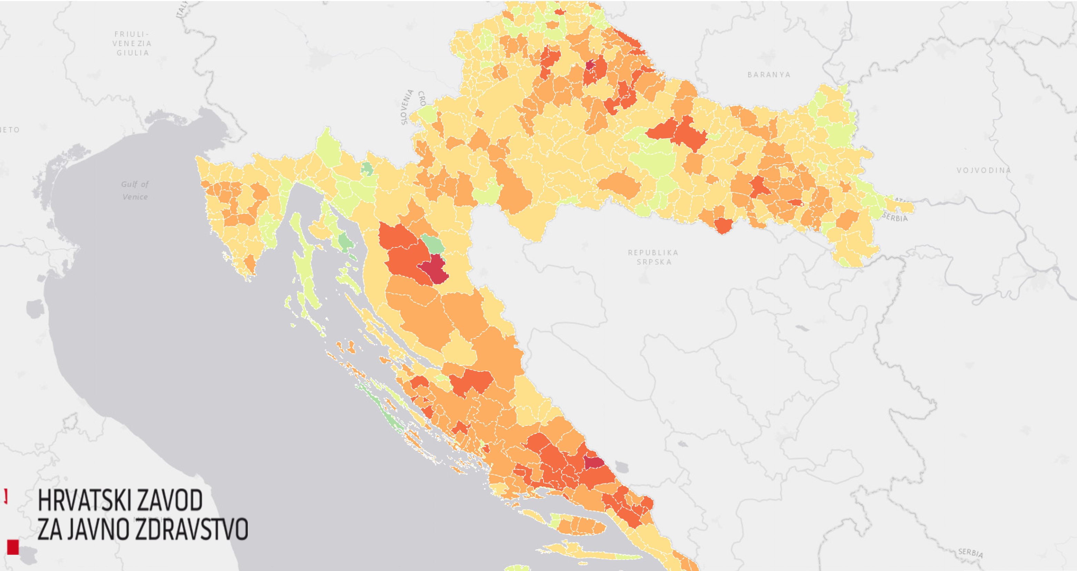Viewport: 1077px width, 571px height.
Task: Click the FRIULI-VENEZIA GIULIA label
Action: (x=132, y=43)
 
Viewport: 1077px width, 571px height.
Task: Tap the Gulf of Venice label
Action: (x=135, y=190)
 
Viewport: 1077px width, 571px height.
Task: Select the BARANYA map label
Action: (x=769, y=75)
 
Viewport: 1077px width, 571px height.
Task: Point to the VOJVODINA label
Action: (x=983, y=170)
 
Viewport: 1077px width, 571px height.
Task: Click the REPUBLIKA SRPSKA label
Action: (x=653, y=257)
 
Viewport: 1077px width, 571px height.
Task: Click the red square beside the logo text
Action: (x=13, y=547)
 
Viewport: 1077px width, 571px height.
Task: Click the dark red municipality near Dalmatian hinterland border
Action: (x=593, y=463)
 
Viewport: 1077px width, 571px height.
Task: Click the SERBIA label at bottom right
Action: (x=970, y=553)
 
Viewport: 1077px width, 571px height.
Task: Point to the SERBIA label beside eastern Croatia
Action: (x=895, y=217)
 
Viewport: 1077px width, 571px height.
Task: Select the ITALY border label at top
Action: (x=182, y=9)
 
